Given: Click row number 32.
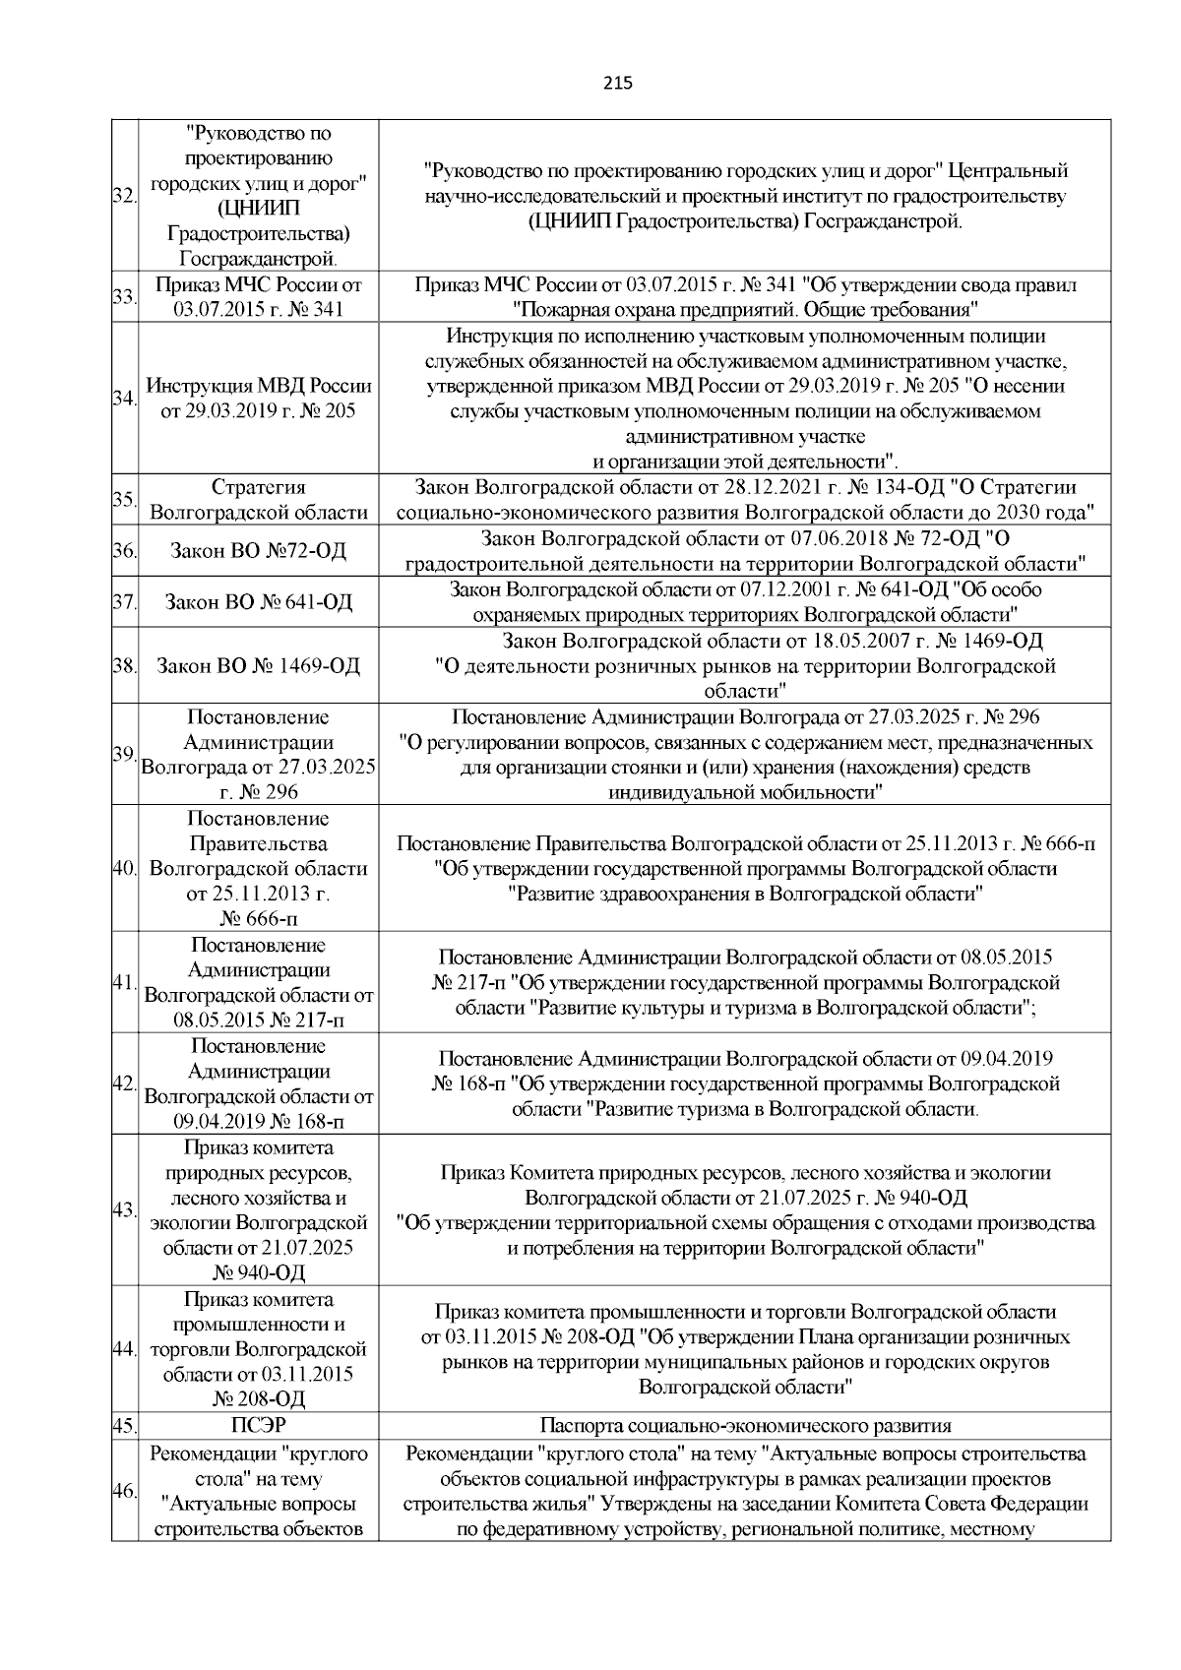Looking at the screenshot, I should click(124, 196).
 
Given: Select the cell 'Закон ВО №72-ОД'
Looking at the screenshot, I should click(258, 550).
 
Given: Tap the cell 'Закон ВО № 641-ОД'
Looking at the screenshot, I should click(258, 601).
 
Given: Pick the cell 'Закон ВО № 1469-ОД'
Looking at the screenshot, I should click(258, 666).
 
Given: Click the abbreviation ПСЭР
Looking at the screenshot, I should click(258, 1425).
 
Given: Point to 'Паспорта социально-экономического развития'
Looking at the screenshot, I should click(745, 1425).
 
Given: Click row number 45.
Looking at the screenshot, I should click(124, 1425).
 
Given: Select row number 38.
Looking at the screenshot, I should click(124, 666).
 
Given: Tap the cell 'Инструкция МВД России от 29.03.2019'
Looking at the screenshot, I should click(258, 399).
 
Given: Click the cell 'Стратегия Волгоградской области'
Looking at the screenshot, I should click(258, 500).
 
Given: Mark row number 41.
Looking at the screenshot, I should click(124, 983).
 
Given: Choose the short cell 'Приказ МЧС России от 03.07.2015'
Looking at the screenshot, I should click(258, 297).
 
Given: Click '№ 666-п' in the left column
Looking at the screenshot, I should click(258, 920).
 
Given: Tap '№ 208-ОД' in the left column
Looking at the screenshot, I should click(258, 1399).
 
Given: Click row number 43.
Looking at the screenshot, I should click(124, 1210).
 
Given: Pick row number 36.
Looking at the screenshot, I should click(124, 550).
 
